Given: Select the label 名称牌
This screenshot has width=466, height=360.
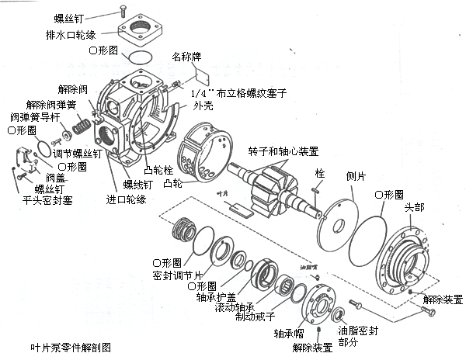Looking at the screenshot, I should pos(186,57).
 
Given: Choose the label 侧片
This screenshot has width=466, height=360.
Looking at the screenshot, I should pos(356,177).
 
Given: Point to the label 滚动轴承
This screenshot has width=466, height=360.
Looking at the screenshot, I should pos(231,306).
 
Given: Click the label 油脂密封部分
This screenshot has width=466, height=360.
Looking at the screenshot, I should pos(360,336).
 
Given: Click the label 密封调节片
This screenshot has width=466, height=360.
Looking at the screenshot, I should pos(179,275).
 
